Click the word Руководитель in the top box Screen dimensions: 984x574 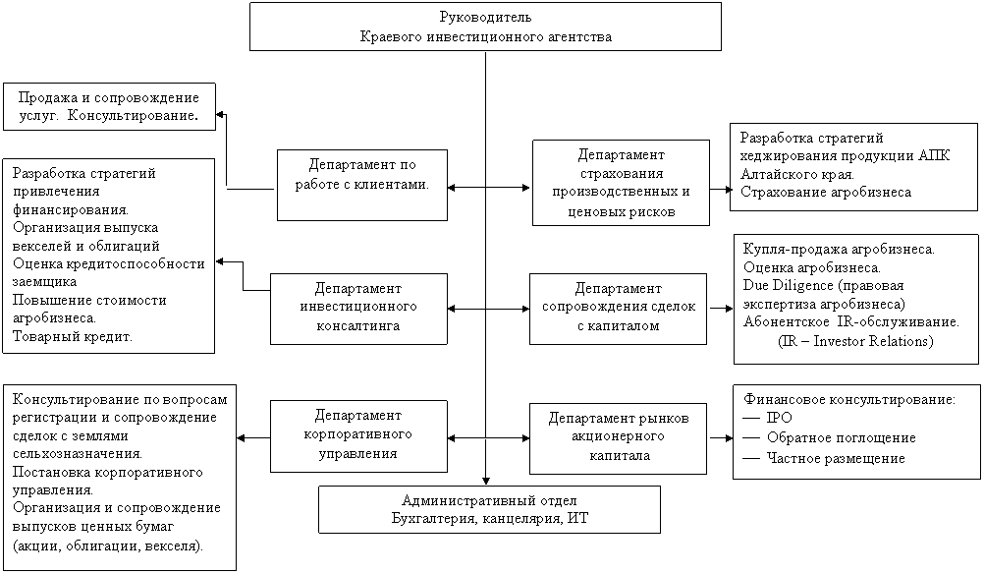[x=486, y=17]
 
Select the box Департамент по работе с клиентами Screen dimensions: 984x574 [x=362, y=185]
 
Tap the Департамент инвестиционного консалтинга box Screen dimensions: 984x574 [x=358, y=309]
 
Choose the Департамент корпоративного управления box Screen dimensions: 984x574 [x=358, y=435]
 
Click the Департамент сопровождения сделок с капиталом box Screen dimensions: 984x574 [x=618, y=309]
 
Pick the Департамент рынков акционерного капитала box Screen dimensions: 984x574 [x=618, y=438]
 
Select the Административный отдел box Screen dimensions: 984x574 [x=489, y=509]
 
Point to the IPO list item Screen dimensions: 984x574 [x=779, y=418]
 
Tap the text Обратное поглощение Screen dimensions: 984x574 [x=841, y=437]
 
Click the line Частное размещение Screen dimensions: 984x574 [x=836, y=458]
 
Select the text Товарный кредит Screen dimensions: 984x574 [x=72, y=336]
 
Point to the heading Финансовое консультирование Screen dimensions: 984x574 [x=849, y=399]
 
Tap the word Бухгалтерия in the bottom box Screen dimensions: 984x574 [x=435, y=519]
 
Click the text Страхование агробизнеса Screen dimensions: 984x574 [x=825, y=193]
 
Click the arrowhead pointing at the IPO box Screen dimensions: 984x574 [x=728, y=438]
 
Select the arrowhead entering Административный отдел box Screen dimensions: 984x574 [x=486, y=481]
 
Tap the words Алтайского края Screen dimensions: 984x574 [x=797, y=174]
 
